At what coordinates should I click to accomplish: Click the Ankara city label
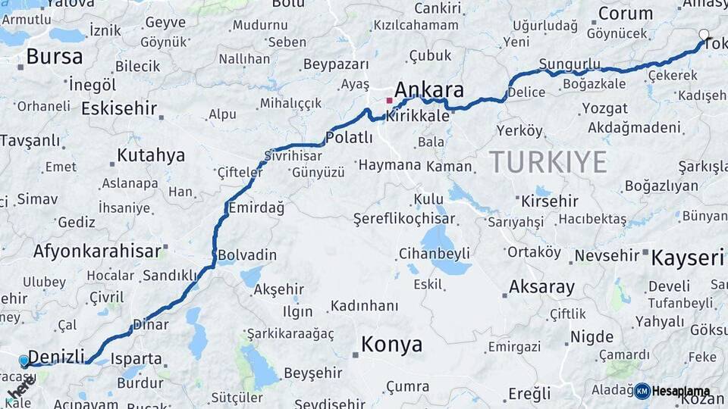coord(429,90)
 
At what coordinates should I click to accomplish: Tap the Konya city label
coord(391,345)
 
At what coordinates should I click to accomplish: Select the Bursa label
coord(55,57)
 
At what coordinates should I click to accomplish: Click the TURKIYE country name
coord(548,161)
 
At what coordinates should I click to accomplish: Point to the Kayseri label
coord(688,258)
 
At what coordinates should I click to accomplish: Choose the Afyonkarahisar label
coord(96,251)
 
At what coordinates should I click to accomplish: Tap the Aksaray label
coord(541,287)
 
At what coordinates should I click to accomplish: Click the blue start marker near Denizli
coord(24,361)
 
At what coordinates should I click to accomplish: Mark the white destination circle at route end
coord(704,35)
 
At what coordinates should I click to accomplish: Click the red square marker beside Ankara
coord(390,100)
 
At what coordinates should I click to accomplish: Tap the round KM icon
coord(642,391)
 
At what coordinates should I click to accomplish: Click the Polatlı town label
coord(349,137)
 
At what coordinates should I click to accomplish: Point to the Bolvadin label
coord(247,255)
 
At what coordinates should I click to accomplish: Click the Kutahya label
coord(151,156)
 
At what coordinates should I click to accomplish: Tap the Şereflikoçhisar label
coord(404,219)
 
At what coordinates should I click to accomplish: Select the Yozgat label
coord(604,108)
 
